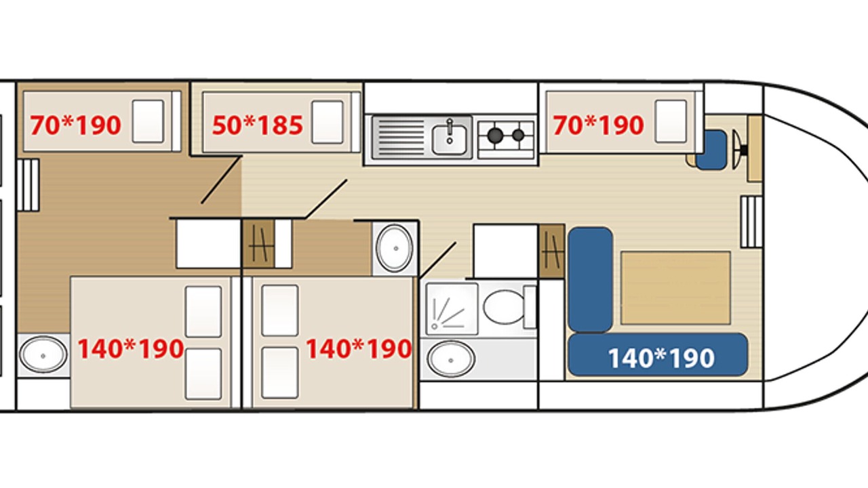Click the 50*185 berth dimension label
257,125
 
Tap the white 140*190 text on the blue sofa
661,358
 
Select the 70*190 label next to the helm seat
598,125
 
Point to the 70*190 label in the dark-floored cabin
75,125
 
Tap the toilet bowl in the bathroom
505,307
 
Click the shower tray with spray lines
452,308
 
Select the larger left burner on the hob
495,135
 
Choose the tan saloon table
675,288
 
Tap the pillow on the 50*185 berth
328,122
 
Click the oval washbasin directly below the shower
451,359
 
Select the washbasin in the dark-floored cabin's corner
43,354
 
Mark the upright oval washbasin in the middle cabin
395,248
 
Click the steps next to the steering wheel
751,222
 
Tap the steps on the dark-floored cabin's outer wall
28,185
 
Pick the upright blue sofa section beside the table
590,280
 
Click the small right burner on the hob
518,135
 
